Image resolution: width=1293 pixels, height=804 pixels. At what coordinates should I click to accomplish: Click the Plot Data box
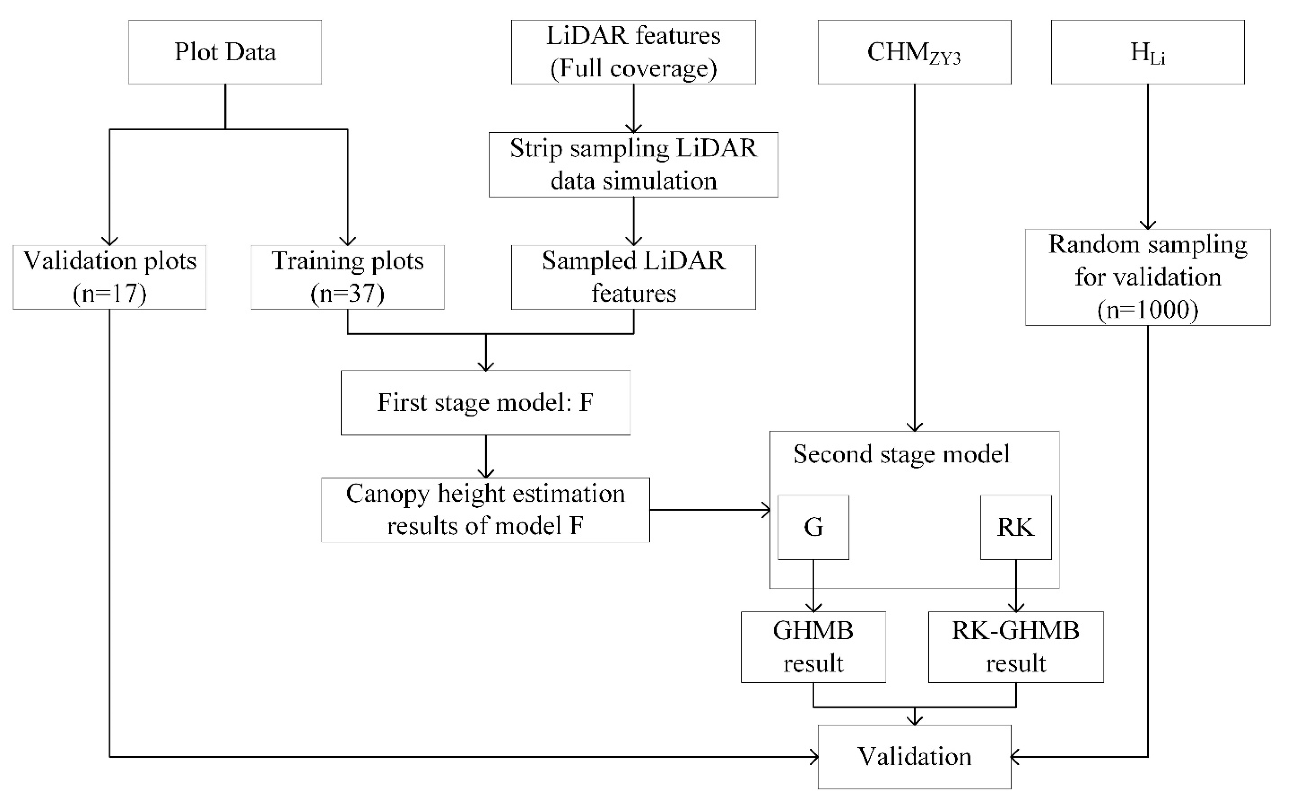pos(225,52)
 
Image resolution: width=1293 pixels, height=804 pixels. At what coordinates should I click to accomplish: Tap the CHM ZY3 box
pos(914,52)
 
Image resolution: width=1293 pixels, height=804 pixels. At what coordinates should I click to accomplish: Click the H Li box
pos(1147,52)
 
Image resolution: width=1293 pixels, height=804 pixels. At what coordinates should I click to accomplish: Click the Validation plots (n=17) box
pos(109,277)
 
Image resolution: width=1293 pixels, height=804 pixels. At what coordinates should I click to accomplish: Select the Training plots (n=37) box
pos(347,277)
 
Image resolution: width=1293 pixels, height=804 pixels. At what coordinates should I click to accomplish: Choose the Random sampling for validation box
pos(1147,277)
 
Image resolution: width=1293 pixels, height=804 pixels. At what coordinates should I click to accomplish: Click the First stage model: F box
pos(485,403)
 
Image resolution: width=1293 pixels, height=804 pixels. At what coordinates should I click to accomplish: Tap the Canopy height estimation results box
pos(485,510)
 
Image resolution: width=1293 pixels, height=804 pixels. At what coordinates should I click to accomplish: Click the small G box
pos(813,527)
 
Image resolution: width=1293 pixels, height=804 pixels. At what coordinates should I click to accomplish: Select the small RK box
pos(1016,527)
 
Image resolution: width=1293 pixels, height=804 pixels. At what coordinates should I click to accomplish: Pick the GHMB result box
pos(813,647)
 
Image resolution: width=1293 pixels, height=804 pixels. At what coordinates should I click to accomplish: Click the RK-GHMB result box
pos(1016,647)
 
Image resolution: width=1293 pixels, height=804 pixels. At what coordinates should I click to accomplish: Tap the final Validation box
pos(914,757)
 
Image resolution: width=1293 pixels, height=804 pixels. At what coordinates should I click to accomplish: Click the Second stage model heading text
pos(901,454)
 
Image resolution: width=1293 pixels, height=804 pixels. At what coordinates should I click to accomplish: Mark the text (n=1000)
pos(1147,310)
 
